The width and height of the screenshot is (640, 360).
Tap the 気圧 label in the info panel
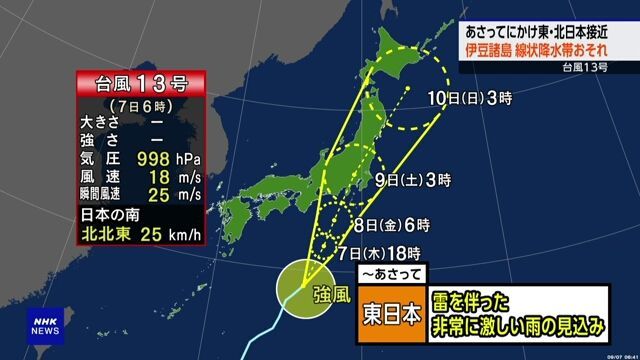point(98,158)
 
